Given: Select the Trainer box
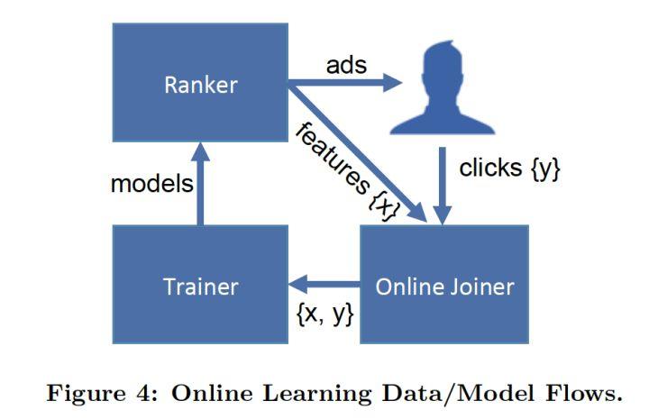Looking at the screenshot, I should coord(200,285).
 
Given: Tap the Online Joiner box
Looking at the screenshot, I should coord(443,285).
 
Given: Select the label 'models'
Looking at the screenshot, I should coord(151,184).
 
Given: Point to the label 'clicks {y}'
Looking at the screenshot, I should coord(509,169).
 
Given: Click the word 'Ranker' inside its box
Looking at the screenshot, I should coord(200,87).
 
